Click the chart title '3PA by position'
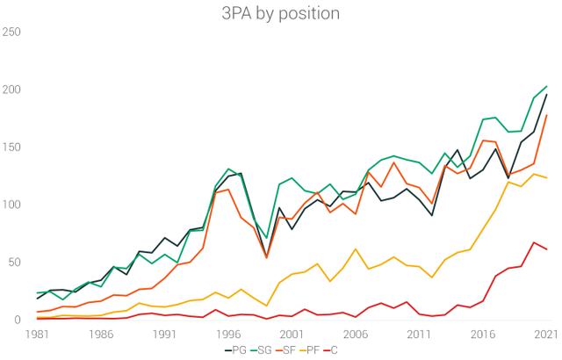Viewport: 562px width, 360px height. [281, 15]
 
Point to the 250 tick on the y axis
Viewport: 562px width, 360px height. [12, 32]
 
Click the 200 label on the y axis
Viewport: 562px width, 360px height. [12, 90]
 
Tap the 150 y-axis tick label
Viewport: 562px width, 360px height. [12, 148]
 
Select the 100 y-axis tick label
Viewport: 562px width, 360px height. [12, 205]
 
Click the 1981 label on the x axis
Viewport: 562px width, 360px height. [37, 335]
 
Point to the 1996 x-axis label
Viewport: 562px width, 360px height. [228, 335]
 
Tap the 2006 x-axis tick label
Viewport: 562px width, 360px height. [356, 335]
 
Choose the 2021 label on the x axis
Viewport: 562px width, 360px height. [546, 335]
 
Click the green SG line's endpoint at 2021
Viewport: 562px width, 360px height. [546, 86]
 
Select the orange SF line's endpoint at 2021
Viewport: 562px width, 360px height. [546, 115]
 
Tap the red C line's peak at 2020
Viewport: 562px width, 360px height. [534, 242]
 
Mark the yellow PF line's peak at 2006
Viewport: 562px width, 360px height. [356, 249]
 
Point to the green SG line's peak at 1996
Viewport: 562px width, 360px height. [228, 169]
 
